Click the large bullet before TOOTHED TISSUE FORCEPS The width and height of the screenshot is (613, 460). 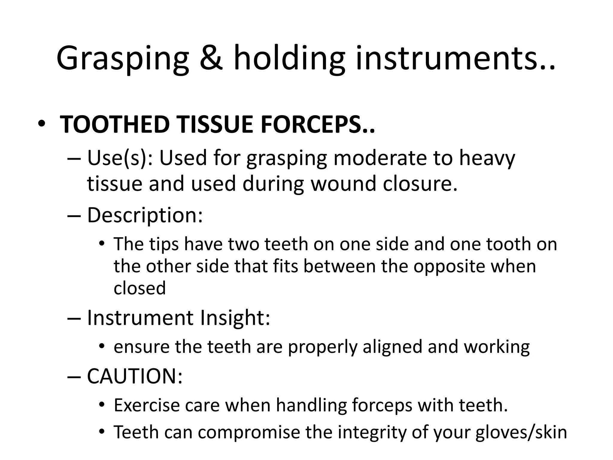[42, 125]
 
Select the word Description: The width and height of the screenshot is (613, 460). [145, 215]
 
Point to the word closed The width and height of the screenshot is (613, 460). [139, 288]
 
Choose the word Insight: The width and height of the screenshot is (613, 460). [235, 318]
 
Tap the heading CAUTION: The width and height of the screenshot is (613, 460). [135, 376]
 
